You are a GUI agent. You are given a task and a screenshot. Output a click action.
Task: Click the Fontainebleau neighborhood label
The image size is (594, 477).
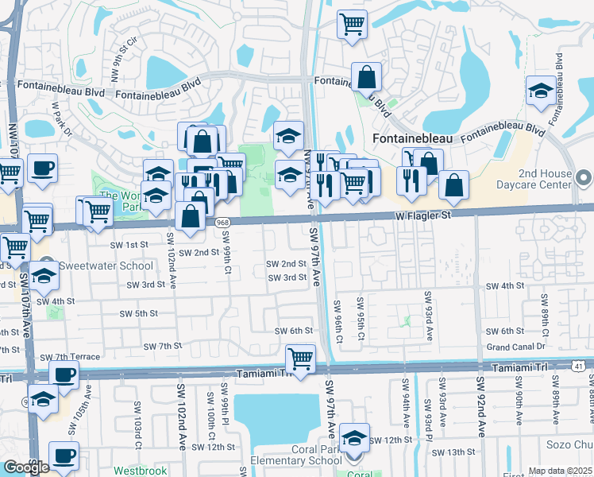tap(412, 138)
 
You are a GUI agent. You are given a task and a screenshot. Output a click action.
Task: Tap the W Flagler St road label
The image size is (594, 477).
tap(423, 215)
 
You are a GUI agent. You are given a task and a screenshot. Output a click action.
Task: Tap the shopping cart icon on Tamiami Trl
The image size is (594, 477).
tap(301, 359)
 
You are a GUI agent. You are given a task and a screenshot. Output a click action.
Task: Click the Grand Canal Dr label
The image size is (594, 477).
tap(516, 347)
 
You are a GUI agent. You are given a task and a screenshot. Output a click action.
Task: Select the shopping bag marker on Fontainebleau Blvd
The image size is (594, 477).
tap(366, 77)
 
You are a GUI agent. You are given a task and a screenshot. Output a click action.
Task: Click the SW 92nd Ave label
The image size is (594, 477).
tap(481, 405)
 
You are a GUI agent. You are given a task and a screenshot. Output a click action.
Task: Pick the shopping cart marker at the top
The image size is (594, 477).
tap(351, 23)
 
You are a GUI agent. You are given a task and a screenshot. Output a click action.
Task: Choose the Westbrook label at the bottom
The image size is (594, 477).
tap(140, 471)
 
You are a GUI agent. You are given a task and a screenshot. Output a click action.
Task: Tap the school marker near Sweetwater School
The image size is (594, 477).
tap(44, 277)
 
